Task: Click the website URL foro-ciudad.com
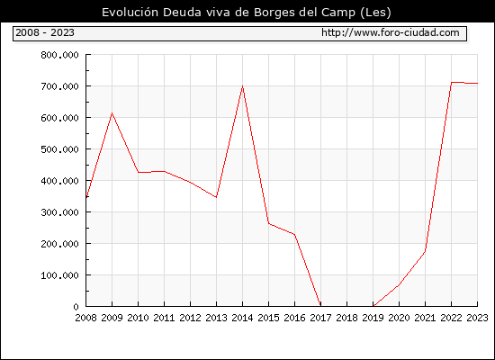tap(391, 32)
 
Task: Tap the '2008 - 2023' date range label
tap(45, 32)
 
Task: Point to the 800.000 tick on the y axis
tap(59, 55)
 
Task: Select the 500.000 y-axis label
tap(59, 149)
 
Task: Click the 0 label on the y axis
tap(76, 307)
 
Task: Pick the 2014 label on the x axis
tap(242, 318)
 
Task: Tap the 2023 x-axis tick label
tap(477, 318)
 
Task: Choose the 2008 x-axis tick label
tap(85, 318)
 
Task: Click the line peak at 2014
tap(242, 85)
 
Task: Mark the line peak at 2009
tap(112, 113)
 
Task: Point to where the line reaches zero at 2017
tap(320, 306)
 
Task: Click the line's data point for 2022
tap(452, 83)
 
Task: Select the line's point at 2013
tap(216, 197)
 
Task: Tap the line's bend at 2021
tap(425, 251)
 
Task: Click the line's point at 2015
tap(269, 223)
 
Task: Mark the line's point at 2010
tap(138, 172)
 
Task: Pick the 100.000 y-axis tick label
tap(59, 275)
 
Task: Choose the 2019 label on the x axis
tap(373, 318)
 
